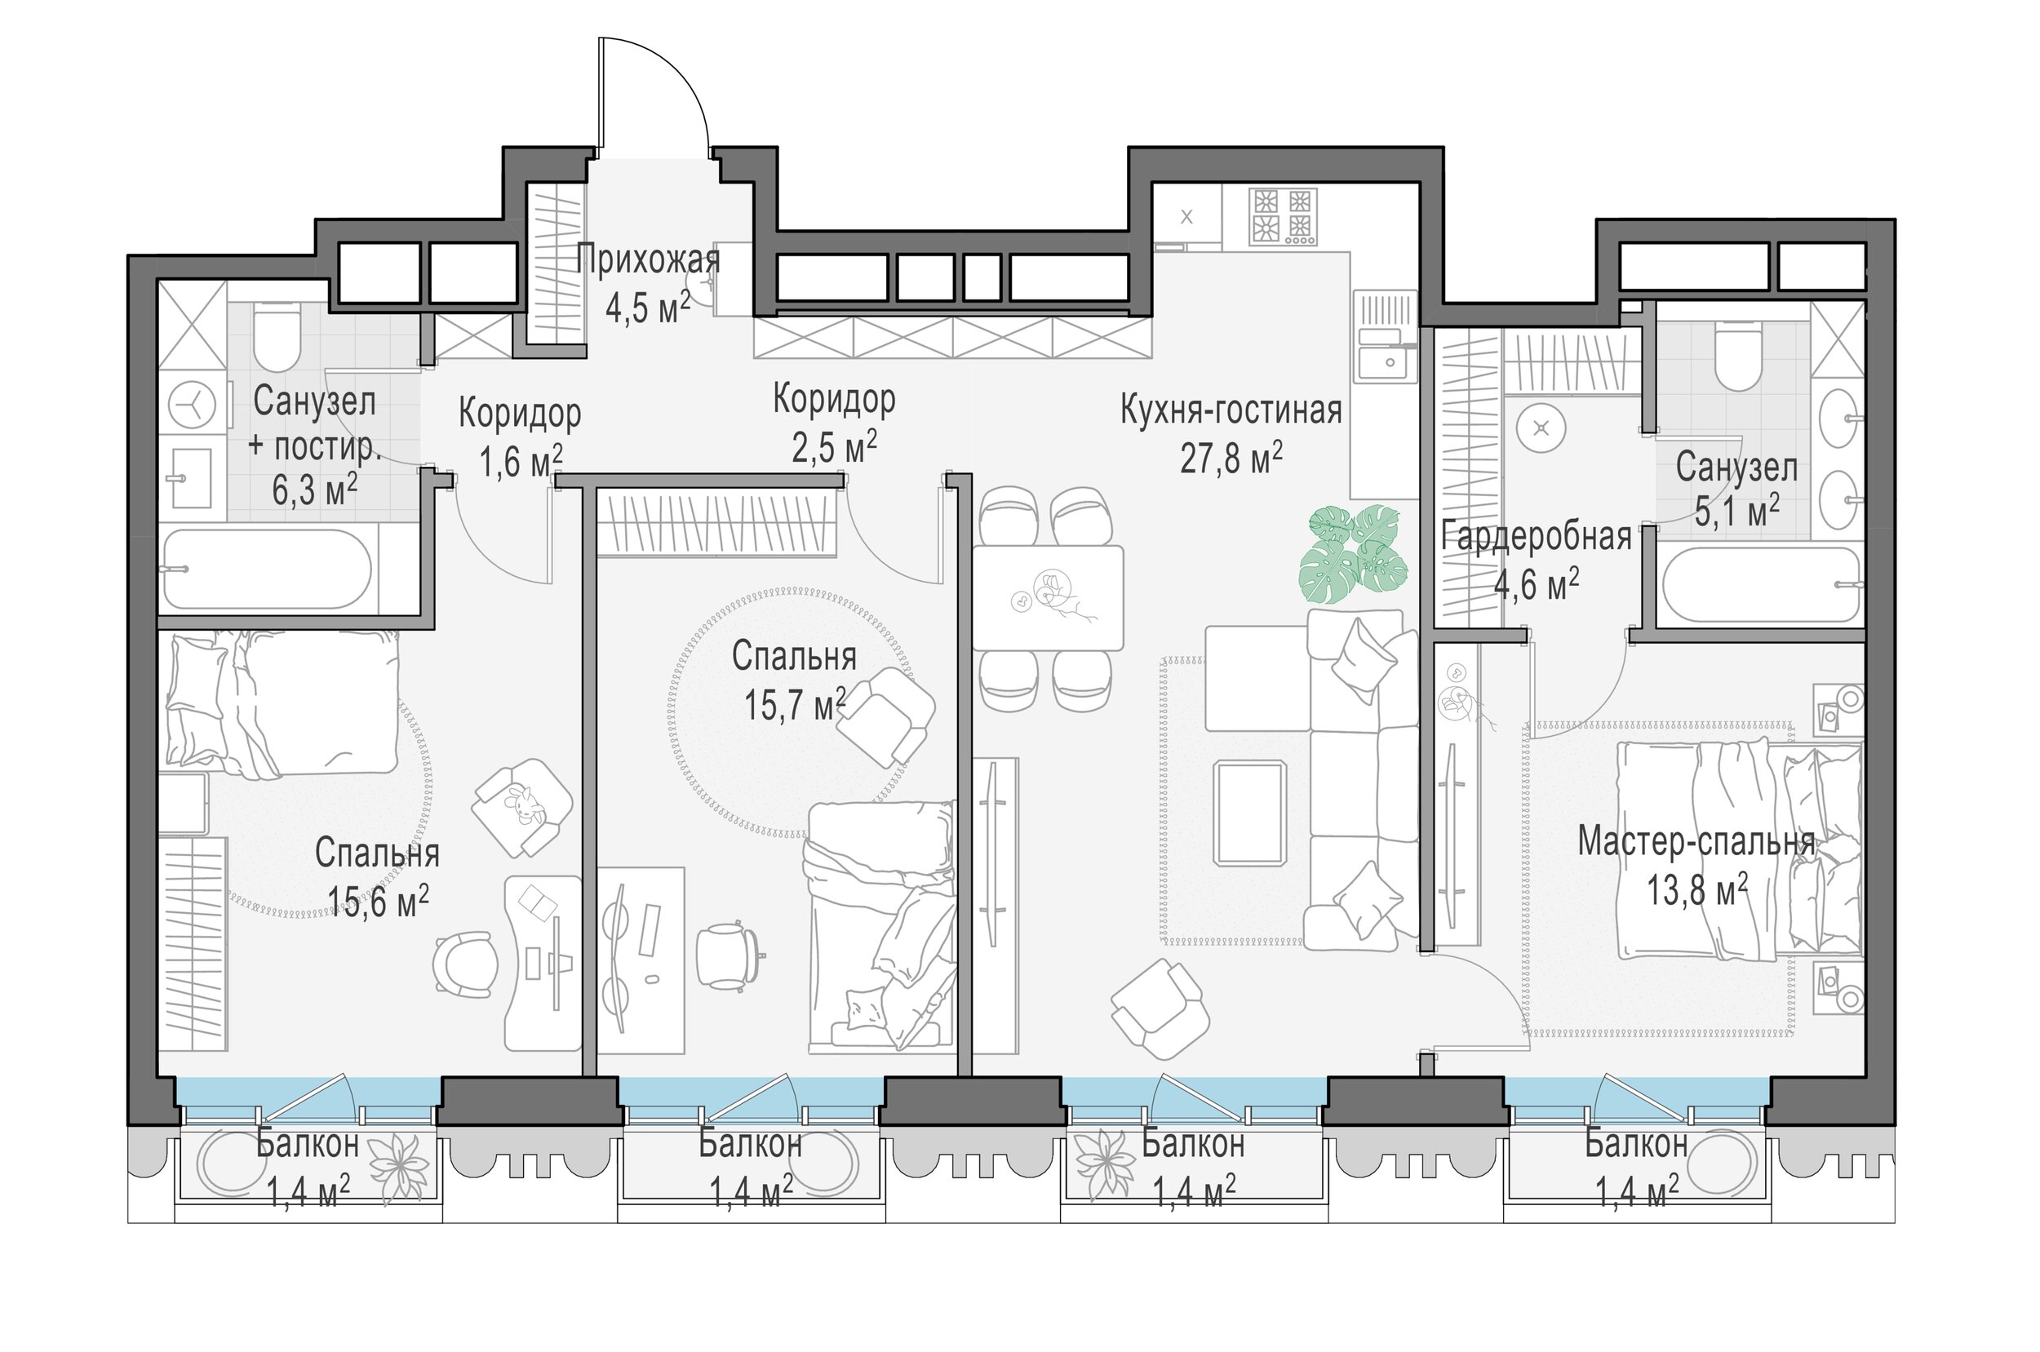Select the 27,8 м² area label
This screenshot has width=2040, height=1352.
pos(1231,458)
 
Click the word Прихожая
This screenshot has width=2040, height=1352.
pos(648,259)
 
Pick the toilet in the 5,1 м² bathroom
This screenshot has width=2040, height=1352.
pos(1737,356)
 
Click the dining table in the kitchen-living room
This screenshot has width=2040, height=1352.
pos(1048,597)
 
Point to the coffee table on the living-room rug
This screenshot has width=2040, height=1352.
pos(1248,812)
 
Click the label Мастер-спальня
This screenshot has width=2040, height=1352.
pos(1696,842)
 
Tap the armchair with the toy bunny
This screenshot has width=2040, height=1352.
pos(522,808)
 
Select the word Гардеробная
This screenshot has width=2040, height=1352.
pos(1537,536)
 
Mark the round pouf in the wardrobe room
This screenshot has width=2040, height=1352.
pos(1541,428)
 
